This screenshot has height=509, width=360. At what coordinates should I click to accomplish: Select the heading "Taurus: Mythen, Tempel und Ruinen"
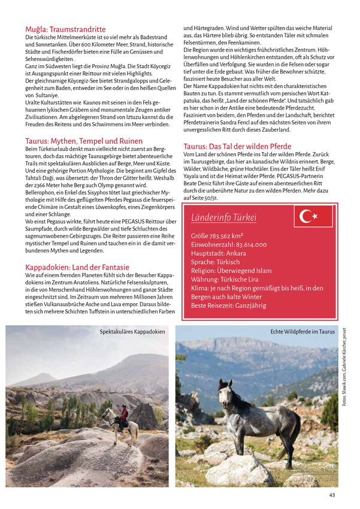[x=84, y=141]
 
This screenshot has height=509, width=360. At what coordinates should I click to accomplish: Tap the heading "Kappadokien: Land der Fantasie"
[x=77, y=266]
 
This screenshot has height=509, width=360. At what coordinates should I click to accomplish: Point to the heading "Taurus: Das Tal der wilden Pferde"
[x=237, y=146]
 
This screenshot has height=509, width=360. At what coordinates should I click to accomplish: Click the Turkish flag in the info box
[x=313, y=216]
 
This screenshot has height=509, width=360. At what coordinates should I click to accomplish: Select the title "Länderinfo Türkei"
[x=223, y=218]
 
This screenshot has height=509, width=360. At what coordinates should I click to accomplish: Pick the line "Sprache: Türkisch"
[x=215, y=262]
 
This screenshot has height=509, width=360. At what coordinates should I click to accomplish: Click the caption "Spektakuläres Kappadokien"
[x=132, y=331]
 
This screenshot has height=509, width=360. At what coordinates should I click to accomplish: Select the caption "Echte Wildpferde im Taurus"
[x=302, y=331]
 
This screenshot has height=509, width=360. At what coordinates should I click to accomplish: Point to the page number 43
[x=332, y=495]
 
